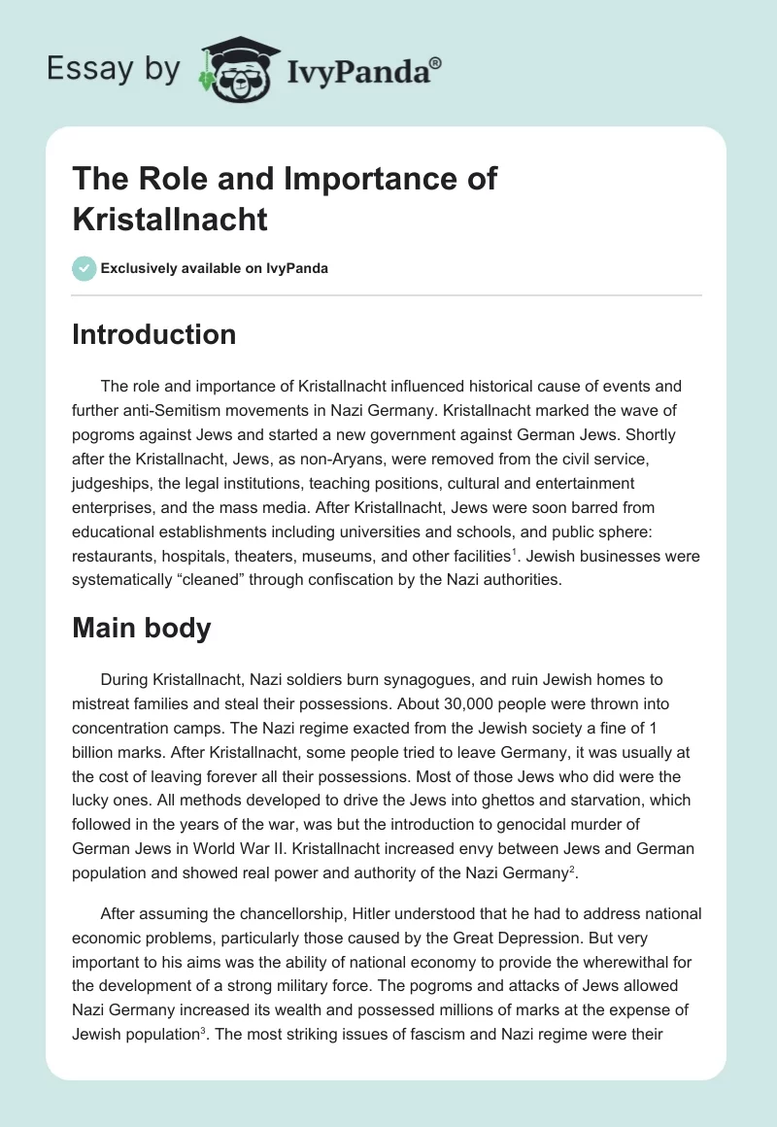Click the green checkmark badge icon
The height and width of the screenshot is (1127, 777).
[x=84, y=268]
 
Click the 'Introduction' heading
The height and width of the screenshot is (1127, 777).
[x=154, y=334]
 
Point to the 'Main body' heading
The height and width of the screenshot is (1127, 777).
[x=142, y=628]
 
